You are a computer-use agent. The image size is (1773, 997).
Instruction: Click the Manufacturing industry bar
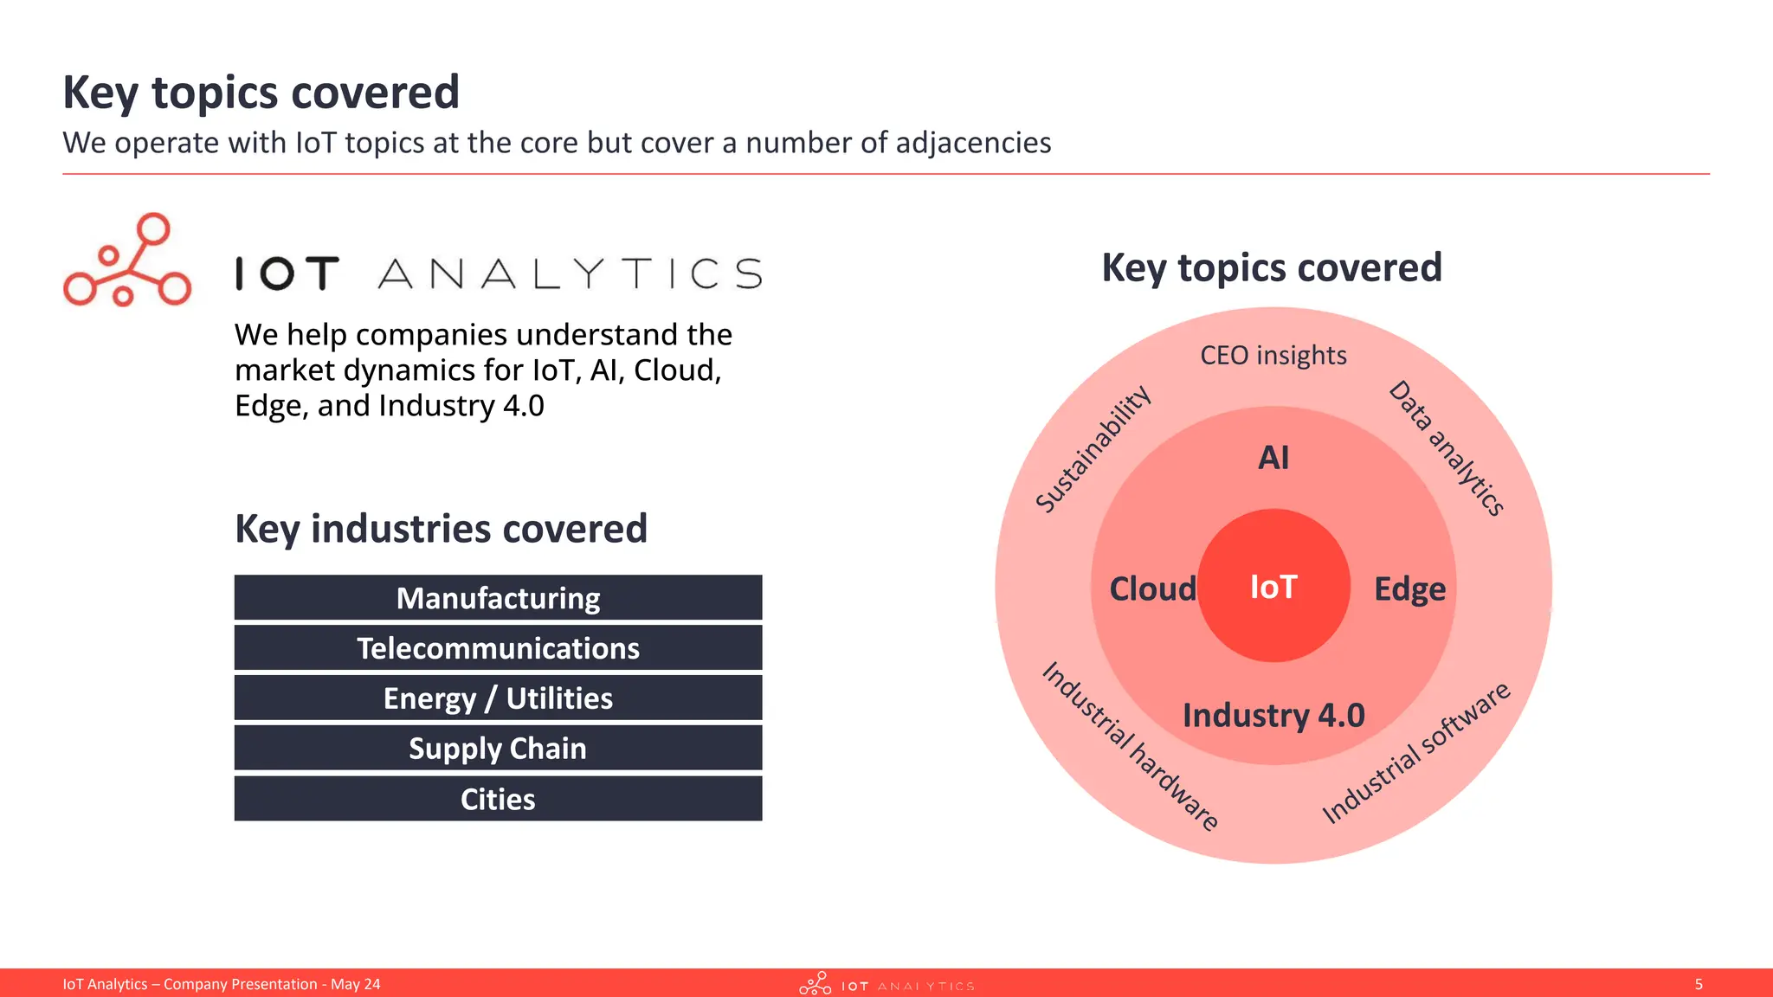point(498,598)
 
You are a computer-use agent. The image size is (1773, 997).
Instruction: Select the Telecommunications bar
point(498,648)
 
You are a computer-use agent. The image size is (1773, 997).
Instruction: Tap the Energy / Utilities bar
point(498,698)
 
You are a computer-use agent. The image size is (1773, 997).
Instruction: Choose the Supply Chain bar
point(498,749)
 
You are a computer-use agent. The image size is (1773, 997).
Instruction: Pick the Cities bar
point(498,799)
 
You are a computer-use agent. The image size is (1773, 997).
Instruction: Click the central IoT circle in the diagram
point(1273,587)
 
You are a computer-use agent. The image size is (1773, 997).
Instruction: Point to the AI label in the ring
point(1273,457)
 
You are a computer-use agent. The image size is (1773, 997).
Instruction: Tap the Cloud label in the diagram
point(1152,589)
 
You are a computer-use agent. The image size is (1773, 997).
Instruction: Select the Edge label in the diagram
point(1409,589)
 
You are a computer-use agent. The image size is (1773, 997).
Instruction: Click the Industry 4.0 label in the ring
point(1273,716)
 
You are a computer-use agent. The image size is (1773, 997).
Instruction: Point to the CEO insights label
point(1273,355)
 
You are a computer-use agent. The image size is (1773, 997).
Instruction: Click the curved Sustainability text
point(1093,448)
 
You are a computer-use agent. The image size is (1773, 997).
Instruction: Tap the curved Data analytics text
point(1447,447)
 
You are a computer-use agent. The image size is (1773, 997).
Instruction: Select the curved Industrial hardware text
point(1130,746)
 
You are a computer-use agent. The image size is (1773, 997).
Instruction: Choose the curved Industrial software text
point(1415,753)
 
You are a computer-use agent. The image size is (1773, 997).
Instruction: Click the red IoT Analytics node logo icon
point(127,261)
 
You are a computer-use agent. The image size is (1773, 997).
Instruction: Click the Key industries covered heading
point(441,529)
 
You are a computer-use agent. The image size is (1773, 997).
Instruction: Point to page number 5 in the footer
point(1698,984)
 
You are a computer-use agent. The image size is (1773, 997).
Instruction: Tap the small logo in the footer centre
point(886,984)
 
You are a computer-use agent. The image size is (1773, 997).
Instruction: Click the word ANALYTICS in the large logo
point(571,273)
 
